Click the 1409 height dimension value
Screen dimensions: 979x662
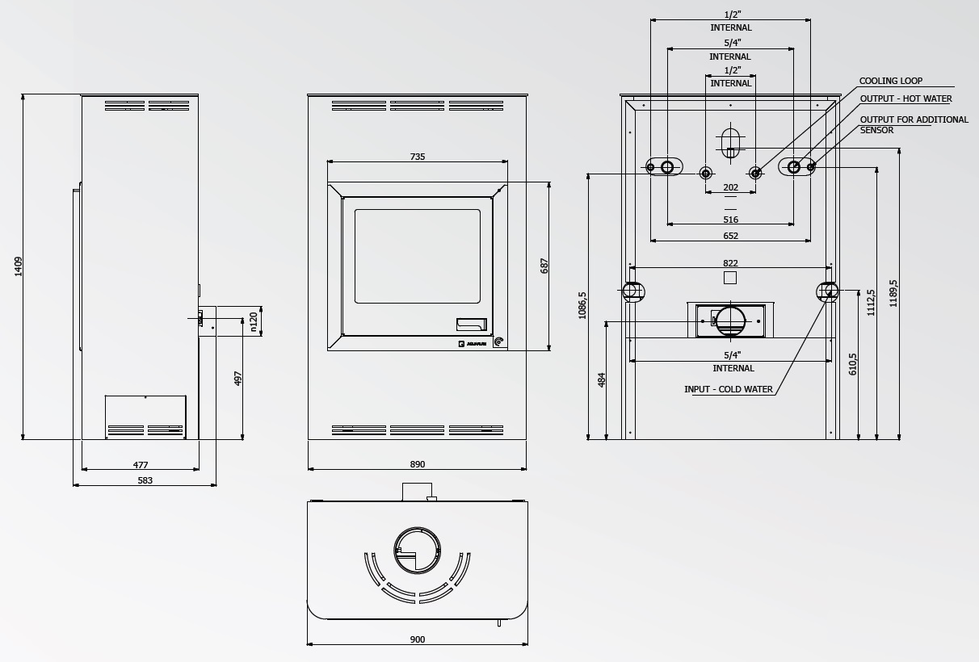pos(19,266)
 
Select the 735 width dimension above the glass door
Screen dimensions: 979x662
pos(418,157)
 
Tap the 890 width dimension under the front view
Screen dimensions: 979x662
pos(418,464)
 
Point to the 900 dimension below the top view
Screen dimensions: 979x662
pos(418,639)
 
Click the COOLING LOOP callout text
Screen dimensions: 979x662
pos(891,81)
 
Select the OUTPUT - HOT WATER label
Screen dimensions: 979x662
pos(905,98)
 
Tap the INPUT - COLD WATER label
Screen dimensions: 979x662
pos(728,389)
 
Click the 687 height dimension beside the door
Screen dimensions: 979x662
pos(544,266)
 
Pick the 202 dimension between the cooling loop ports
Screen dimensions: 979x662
pos(730,187)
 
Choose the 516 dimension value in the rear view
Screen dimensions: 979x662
pos(730,220)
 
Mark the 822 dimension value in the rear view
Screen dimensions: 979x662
pos(730,263)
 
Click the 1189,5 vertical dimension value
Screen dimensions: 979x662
pos(893,293)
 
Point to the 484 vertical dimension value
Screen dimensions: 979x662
pos(602,380)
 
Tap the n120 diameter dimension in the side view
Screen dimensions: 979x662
pos(254,322)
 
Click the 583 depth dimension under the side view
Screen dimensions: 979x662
pos(145,480)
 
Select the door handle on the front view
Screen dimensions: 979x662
pos(471,325)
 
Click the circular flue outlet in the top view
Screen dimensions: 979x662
pos(417,551)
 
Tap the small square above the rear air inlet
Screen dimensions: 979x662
pos(730,278)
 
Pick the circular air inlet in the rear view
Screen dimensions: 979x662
pos(730,321)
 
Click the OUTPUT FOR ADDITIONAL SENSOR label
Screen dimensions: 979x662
pos(914,124)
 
